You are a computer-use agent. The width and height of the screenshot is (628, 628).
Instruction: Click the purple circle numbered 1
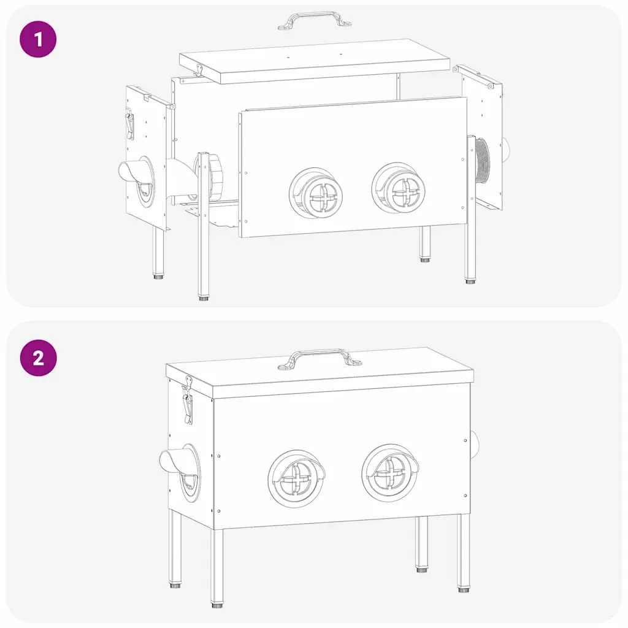(38, 39)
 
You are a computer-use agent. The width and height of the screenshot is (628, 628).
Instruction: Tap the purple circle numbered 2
(39, 358)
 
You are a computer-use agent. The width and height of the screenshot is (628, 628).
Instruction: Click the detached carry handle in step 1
(315, 20)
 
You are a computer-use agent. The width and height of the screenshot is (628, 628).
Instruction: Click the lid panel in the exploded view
(315, 61)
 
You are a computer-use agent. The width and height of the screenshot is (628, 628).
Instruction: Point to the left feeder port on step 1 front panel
(316, 193)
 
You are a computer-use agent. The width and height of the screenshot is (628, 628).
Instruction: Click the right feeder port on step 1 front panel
(399, 188)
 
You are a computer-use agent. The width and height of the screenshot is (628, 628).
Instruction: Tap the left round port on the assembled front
(297, 478)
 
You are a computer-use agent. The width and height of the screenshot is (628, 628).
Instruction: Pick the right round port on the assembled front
(391, 473)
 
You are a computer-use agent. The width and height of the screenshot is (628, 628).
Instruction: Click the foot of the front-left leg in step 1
(204, 297)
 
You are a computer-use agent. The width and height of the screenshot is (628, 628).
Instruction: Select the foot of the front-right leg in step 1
(470, 281)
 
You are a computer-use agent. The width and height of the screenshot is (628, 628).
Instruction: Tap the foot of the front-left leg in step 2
(217, 605)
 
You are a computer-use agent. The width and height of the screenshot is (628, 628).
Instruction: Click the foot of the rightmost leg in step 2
(464, 589)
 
